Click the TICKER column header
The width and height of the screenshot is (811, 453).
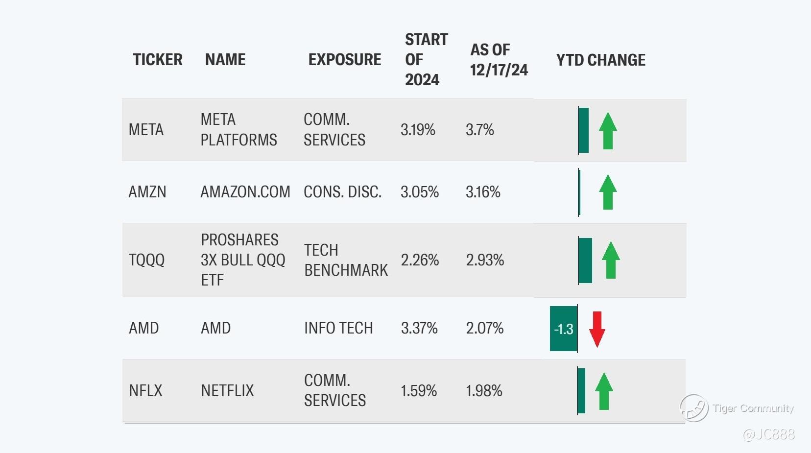(158, 59)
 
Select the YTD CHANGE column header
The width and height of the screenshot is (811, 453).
(600, 60)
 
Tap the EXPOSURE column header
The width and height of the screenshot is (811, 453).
(345, 59)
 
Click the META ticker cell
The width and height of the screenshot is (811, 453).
(146, 130)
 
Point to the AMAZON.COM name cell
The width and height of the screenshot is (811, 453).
(245, 192)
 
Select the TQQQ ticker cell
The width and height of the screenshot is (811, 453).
(146, 260)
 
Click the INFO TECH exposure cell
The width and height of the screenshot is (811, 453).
(338, 328)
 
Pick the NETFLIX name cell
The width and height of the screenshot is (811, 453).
(227, 391)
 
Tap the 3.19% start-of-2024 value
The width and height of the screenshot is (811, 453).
(418, 130)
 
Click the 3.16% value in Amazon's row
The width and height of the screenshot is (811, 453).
(483, 192)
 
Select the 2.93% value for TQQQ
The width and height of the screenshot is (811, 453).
(485, 260)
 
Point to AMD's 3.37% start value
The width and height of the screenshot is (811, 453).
(419, 328)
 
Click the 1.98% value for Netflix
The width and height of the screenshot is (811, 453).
(484, 391)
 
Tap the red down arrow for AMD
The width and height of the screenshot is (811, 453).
(597, 329)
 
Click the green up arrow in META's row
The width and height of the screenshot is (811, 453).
(608, 131)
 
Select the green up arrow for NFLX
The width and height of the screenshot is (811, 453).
(604, 391)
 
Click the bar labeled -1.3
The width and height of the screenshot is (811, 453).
(563, 329)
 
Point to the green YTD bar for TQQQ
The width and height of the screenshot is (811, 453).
(585, 261)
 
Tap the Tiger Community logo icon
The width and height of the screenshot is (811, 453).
(694, 408)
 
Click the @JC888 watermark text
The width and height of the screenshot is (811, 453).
(769, 434)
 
